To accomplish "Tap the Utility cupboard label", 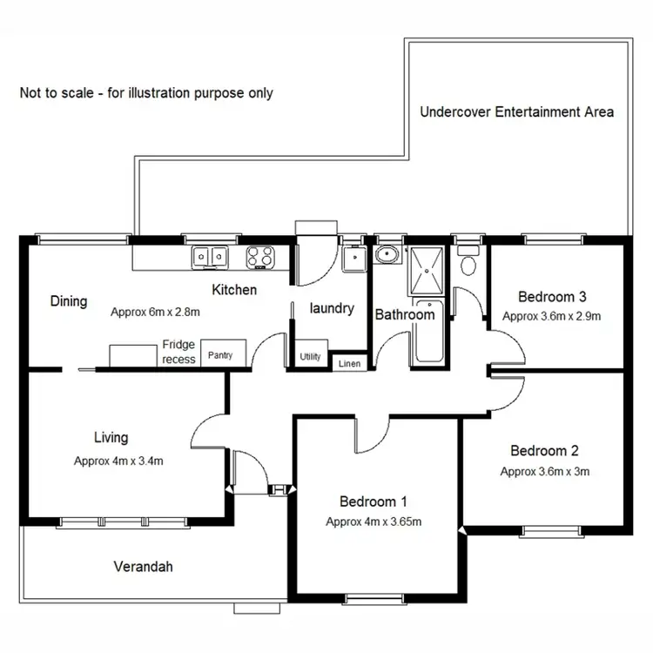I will (310, 357).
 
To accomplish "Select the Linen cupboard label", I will (349, 363).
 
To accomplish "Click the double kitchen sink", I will (210, 256).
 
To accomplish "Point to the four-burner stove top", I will (260, 256).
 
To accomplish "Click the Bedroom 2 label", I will (544, 451).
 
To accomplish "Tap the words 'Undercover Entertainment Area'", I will (516, 111).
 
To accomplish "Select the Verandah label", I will (144, 567).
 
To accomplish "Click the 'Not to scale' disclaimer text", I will (146, 92).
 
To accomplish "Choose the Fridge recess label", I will (178, 352).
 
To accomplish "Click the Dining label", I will (68, 301).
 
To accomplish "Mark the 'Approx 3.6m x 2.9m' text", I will (552, 316).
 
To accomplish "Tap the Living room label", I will (111, 437).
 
